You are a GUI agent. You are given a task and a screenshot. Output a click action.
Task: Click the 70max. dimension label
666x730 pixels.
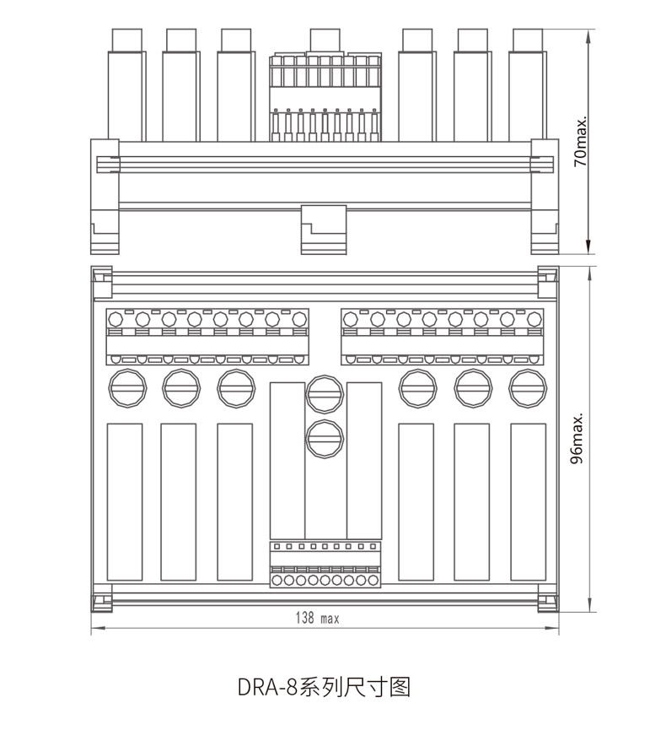coord(581,141)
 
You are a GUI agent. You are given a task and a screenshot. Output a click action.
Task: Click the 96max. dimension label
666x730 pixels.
coord(577,438)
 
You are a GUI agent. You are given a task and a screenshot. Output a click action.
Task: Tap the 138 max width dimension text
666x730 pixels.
coord(318,618)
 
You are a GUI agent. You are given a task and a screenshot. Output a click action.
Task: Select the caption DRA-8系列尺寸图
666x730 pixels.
coord(325,687)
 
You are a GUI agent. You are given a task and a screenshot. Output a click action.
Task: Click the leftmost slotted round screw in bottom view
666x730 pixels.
coord(127,388)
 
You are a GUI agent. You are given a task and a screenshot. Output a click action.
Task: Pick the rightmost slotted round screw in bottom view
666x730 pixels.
coord(528,388)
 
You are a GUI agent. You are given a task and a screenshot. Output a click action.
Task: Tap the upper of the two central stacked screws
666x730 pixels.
coord(325,394)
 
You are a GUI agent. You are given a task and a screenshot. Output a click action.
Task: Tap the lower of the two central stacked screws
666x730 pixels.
coord(325,439)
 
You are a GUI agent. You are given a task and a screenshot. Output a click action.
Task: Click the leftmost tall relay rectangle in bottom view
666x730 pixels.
coord(125,502)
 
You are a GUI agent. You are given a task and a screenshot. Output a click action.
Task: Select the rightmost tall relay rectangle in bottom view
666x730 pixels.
coord(528,502)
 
